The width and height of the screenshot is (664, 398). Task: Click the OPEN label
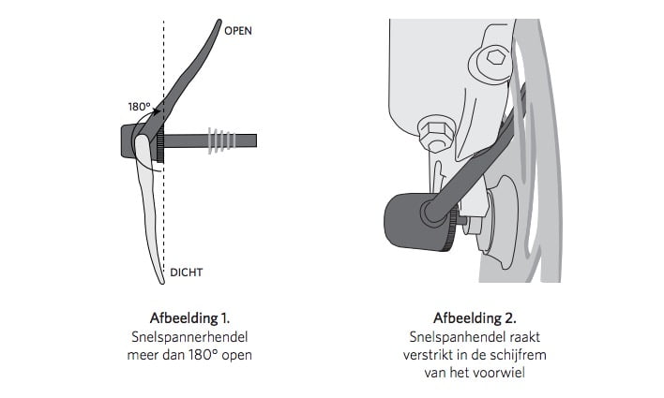tap(238, 31)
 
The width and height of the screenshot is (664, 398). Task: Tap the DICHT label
tap(187, 273)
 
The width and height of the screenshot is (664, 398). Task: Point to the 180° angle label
tap(140, 107)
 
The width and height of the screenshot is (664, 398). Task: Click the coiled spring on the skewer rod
tap(221, 140)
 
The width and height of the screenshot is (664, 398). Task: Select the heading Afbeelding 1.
tap(189, 318)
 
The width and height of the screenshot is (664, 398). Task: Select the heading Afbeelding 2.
tap(475, 318)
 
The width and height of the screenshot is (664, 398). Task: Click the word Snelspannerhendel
tap(189, 337)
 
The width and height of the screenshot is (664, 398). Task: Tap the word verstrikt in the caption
tap(428, 355)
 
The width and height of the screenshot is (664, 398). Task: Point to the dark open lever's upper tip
tap(219, 22)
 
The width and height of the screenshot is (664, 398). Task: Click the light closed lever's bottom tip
tap(161, 281)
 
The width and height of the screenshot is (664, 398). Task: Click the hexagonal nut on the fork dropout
tap(436, 133)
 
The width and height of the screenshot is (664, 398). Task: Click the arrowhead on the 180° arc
tap(158, 112)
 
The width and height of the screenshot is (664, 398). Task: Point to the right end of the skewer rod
tap(255, 140)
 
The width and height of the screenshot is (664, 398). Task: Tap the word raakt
tap(524, 337)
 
